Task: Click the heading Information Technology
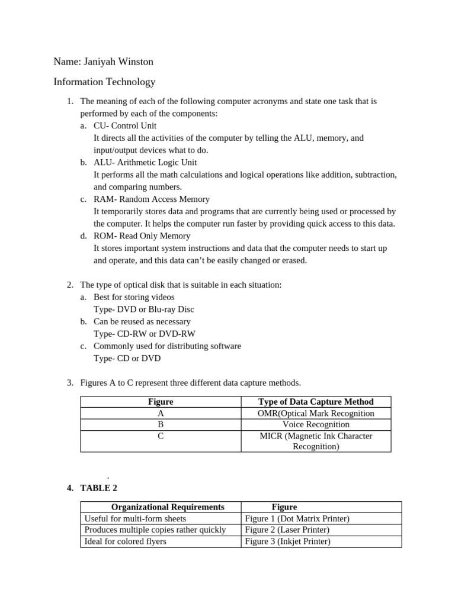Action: tap(104, 82)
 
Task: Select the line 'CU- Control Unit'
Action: tap(125, 125)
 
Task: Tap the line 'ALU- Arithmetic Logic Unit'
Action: tap(145, 162)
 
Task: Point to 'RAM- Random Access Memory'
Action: tap(151, 199)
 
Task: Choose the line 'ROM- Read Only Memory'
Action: tap(142, 236)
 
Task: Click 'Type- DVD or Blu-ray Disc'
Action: tap(144, 309)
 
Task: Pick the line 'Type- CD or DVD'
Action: tap(127, 358)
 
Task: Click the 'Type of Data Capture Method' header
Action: tap(316, 402)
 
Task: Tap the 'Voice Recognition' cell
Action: tap(316, 424)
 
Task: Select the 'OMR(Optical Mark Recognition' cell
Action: tap(316, 413)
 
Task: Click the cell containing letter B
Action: tap(161, 424)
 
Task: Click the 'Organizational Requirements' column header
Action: tap(168, 507)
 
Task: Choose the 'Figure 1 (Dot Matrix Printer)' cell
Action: tap(297, 518)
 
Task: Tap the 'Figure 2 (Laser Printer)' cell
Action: tap(287, 530)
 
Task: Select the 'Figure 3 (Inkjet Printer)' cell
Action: tap(287, 541)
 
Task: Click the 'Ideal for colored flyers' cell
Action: tap(126, 541)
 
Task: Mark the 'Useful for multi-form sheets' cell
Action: tap(135, 518)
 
